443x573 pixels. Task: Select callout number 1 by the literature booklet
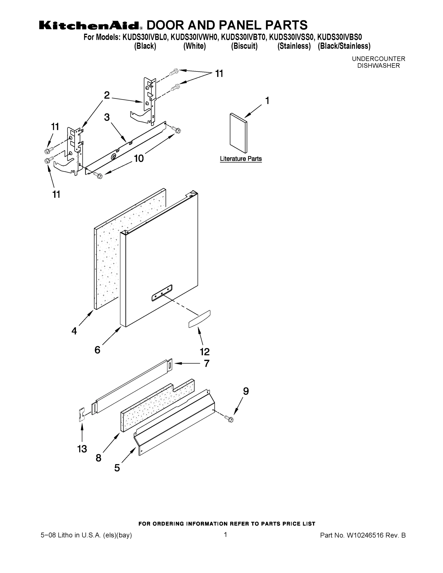click(x=267, y=101)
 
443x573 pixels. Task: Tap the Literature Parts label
click(x=241, y=159)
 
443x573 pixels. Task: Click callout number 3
click(x=107, y=117)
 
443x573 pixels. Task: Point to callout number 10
click(x=139, y=158)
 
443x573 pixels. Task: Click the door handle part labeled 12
click(x=199, y=319)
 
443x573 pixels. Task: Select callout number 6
click(x=97, y=350)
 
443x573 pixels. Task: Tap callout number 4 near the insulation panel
click(x=74, y=331)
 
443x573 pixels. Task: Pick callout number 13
click(x=82, y=449)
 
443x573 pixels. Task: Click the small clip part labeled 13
click(x=82, y=414)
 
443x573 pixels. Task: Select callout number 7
click(x=207, y=364)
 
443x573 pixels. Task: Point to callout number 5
click(x=117, y=468)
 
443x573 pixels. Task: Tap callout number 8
click(x=98, y=458)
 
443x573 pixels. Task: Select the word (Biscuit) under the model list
click(x=244, y=46)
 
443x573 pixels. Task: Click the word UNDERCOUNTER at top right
click(x=379, y=59)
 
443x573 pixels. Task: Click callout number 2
click(x=107, y=95)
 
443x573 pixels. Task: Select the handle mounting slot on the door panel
click(x=162, y=292)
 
